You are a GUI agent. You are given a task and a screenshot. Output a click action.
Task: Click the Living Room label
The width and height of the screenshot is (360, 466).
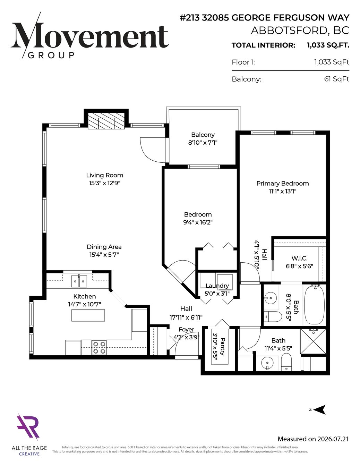[x=105, y=175]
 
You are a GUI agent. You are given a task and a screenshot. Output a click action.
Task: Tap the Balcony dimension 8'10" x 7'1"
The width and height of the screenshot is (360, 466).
[x=203, y=143]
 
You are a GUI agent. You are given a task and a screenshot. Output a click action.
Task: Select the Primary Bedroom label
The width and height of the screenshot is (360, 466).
[x=282, y=183]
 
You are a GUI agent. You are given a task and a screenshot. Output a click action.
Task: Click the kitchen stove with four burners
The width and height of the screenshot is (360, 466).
[x=100, y=347]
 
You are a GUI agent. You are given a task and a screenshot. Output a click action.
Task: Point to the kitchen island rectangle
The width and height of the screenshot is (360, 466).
[x=88, y=315]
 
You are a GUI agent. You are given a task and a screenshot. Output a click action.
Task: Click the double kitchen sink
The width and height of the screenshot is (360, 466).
[x=79, y=281]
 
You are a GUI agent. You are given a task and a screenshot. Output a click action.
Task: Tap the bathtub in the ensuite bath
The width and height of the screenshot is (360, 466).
[x=314, y=305]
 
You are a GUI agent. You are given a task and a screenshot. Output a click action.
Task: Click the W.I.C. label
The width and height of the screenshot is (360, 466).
[x=299, y=258]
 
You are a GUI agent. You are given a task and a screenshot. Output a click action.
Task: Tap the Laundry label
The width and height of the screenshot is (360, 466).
[x=217, y=286]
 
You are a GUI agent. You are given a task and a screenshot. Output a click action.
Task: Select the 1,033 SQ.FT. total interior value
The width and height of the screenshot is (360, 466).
[x=328, y=45]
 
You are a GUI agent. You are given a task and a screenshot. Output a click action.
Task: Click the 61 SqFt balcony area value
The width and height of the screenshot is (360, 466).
[x=337, y=79]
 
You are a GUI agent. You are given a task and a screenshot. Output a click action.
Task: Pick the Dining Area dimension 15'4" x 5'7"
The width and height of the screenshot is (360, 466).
[x=104, y=255]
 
